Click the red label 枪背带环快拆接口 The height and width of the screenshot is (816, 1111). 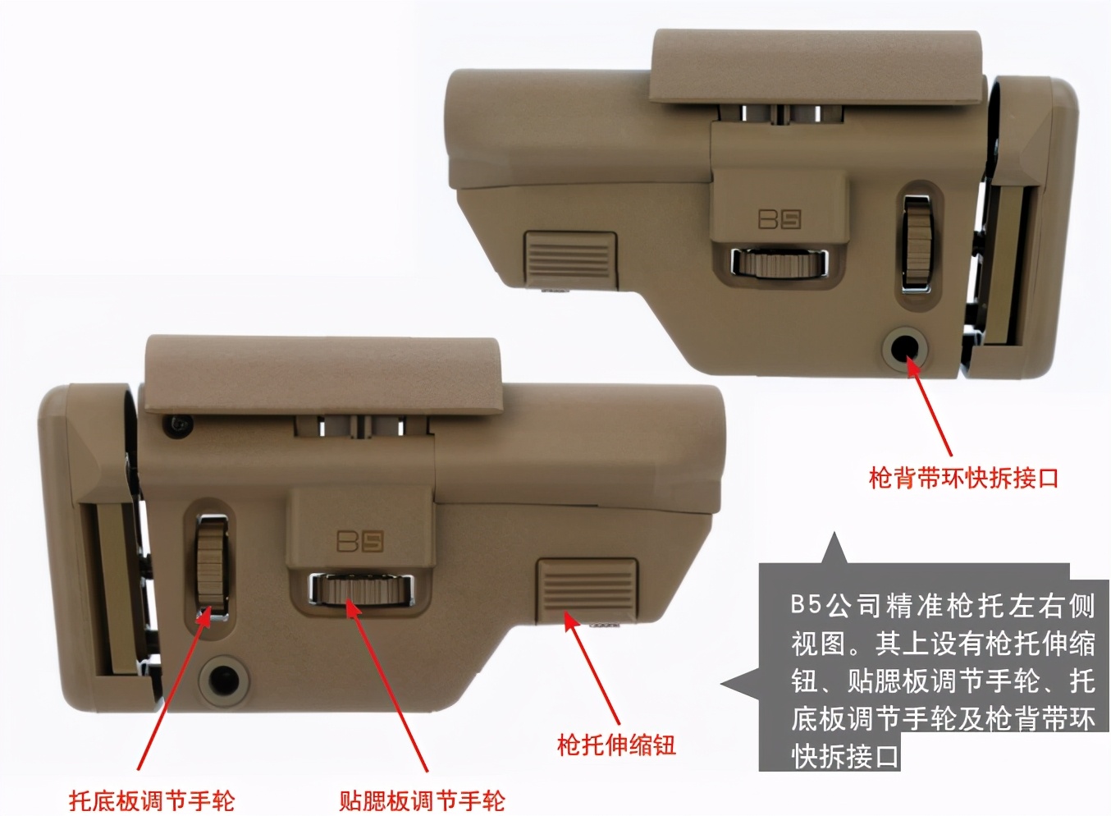pos(963,477)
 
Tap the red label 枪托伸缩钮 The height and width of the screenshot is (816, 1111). pos(615,745)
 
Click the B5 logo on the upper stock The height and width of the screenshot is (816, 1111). pos(779,219)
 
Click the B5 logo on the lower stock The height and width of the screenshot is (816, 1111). pos(360,541)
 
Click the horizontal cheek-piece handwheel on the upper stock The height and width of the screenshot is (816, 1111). pos(779,263)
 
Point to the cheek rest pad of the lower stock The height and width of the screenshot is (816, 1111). pos(322,374)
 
